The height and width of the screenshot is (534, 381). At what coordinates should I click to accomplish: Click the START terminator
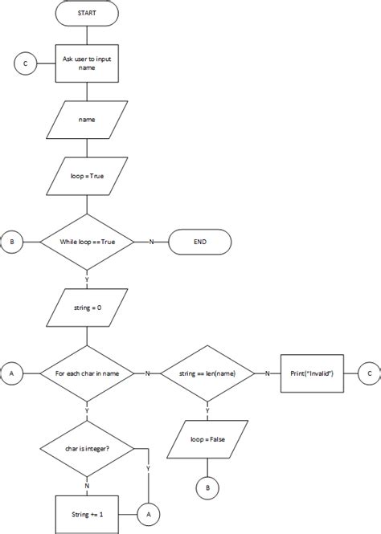(87, 14)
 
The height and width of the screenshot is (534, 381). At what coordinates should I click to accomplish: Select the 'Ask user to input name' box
(87, 63)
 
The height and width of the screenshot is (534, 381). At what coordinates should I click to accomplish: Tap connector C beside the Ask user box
(24, 63)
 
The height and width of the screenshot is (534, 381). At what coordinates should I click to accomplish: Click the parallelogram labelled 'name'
(87, 120)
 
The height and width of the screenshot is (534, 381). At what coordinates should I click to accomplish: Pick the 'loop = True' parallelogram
(87, 176)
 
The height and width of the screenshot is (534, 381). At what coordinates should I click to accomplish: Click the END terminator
(199, 242)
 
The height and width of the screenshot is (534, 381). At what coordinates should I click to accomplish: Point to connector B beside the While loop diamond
(11, 242)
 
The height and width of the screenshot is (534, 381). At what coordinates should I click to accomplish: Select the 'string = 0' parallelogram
(87, 307)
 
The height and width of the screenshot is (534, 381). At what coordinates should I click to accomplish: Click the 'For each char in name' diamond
(87, 373)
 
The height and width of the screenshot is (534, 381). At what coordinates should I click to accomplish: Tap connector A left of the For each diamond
(11, 373)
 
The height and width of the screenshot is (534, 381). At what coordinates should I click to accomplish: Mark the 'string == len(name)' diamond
(208, 373)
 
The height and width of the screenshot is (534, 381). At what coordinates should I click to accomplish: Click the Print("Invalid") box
(311, 373)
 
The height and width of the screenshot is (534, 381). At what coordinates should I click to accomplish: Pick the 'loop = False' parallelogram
(208, 439)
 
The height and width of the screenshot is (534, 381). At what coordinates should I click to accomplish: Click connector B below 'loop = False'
(208, 487)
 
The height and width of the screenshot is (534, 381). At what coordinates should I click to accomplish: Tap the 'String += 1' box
(87, 512)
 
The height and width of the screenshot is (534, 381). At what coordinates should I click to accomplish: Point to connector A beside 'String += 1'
(149, 512)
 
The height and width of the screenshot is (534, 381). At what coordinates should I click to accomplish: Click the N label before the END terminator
(151, 242)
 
